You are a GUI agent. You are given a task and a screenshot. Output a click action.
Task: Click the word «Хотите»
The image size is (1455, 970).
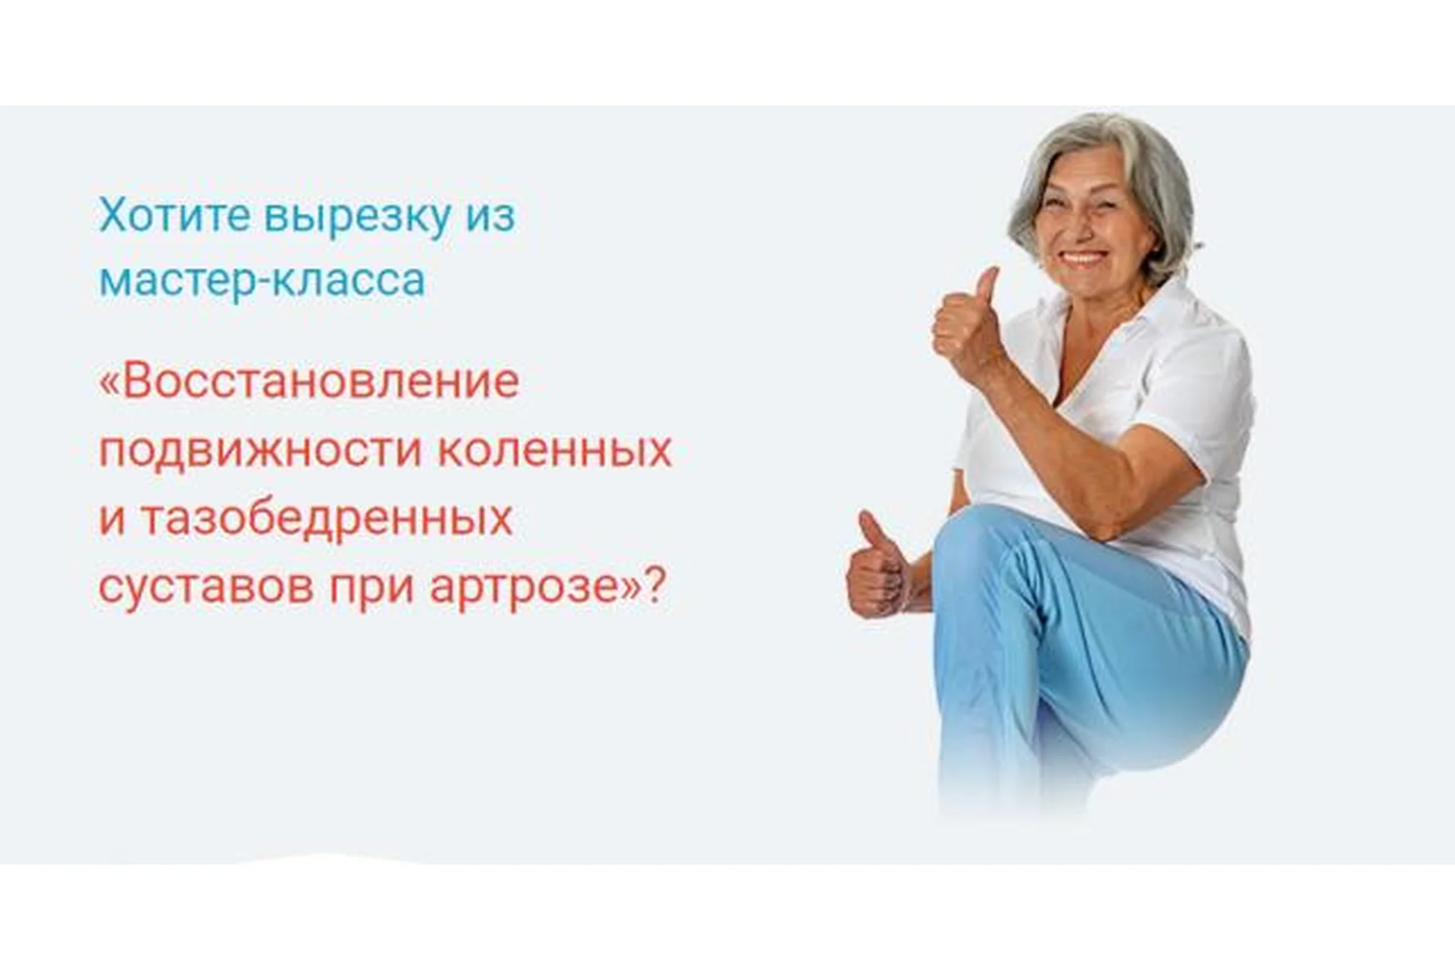click(175, 215)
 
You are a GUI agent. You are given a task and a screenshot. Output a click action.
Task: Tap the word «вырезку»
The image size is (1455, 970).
click(357, 217)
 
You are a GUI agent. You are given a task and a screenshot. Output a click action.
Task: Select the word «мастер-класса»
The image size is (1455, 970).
click(262, 280)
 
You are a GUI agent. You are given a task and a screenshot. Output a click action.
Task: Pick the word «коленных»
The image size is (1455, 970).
click(555, 450)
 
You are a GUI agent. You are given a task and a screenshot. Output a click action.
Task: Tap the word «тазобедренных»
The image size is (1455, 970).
click(327, 519)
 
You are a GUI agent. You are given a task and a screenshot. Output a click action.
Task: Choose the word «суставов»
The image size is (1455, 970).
click(205, 587)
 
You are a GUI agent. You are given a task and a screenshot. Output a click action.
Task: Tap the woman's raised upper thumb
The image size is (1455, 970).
click(987, 285)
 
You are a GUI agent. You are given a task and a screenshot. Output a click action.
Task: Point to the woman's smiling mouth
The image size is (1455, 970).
click(1083, 258)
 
